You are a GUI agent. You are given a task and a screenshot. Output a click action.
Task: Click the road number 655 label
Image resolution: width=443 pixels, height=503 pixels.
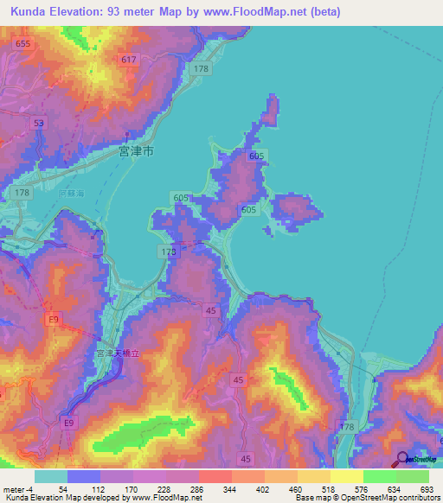[x=22, y=43]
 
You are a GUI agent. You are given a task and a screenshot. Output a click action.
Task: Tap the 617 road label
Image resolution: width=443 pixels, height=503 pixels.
[x=129, y=59]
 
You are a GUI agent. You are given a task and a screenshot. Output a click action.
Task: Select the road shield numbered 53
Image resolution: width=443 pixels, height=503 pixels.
[x=39, y=124]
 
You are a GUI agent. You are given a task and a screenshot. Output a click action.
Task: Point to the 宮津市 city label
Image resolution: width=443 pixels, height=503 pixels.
[x=136, y=150]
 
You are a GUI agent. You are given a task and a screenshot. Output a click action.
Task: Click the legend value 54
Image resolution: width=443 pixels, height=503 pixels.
[x=84, y=489]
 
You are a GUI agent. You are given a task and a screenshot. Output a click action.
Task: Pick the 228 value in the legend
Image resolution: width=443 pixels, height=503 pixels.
[x=183, y=489]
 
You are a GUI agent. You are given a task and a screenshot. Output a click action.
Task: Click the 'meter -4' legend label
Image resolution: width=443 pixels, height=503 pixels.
[x=19, y=489]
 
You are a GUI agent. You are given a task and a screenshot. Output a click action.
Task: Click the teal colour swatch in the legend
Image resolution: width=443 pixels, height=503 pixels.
[x=51, y=476]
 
